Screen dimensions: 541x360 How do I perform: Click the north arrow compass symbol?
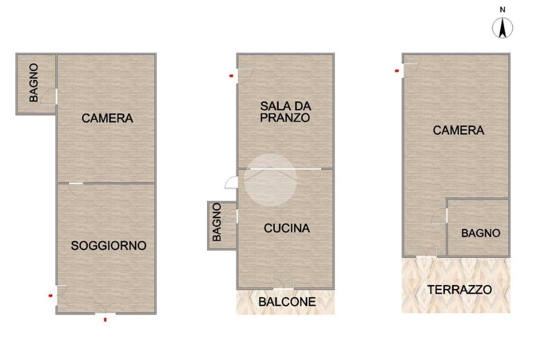click(502, 28)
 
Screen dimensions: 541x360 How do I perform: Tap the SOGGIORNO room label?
click(109, 245)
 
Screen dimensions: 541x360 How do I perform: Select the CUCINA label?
click(287, 228)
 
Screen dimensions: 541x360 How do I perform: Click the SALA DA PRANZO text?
click(285, 112)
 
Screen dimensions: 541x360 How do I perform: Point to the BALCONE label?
click(287, 302)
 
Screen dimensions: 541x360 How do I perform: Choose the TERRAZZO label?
click(460, 289)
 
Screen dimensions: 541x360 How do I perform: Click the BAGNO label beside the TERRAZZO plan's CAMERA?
click(481, 233)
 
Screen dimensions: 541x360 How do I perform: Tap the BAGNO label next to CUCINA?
click(217, 222)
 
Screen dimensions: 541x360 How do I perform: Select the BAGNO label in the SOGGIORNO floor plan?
click(33, 83)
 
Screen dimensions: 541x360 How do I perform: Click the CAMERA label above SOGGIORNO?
click(107, 118)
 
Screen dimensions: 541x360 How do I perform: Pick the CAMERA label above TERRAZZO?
click(459, 130)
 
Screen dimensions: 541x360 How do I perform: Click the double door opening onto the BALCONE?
click(284, 283)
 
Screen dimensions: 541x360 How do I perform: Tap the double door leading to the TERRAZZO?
click(426, 251)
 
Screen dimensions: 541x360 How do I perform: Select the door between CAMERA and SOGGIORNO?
click(76, 190)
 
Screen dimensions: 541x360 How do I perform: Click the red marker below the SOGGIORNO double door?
click(105, 320)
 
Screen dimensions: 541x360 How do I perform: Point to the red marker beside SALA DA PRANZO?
click(231, 76)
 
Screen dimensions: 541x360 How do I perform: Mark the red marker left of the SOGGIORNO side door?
click(51, 296)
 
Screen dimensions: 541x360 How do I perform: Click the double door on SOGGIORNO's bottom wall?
click(106, 308)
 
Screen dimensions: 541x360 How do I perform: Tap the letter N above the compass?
click(502, 10)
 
